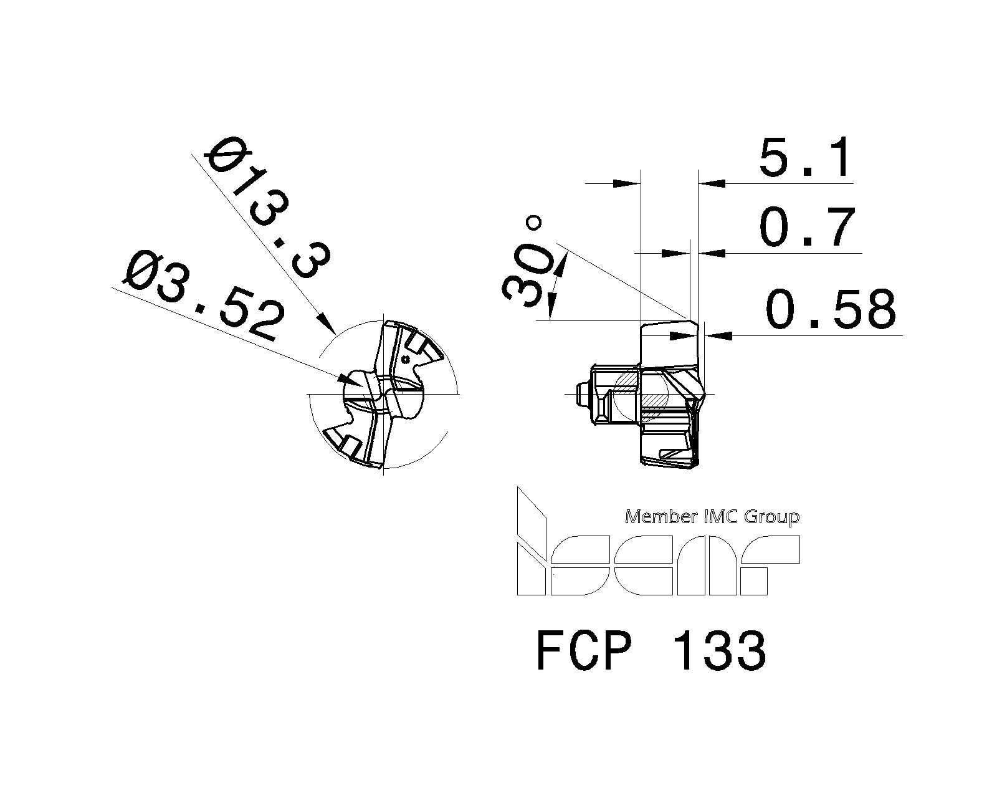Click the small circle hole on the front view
(x=406, y=359)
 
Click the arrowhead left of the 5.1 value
(x=713, y=183)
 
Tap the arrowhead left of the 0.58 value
(x=720, y=335)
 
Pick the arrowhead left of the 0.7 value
(x=713, y=252)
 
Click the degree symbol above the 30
(x=534, y=223)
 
